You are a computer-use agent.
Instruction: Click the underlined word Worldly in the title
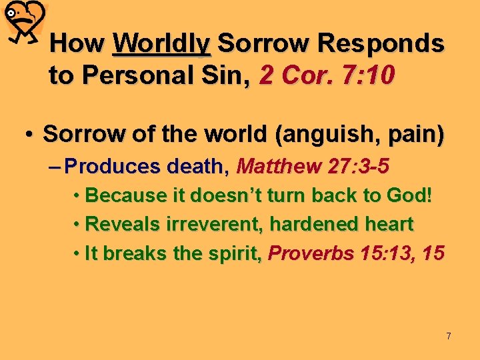click(162, 44)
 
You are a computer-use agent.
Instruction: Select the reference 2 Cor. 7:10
click(327, 76)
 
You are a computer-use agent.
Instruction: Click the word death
click(197, 165)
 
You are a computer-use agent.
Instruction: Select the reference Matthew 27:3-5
click(313, 165)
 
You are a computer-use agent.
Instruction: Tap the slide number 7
click(449, 336)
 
